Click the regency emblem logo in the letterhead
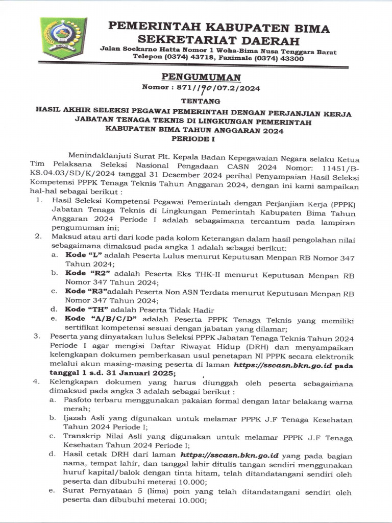click(x=63, y=38)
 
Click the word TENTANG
click(x=196, y=101)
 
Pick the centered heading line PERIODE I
click(x=196, y=138)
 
